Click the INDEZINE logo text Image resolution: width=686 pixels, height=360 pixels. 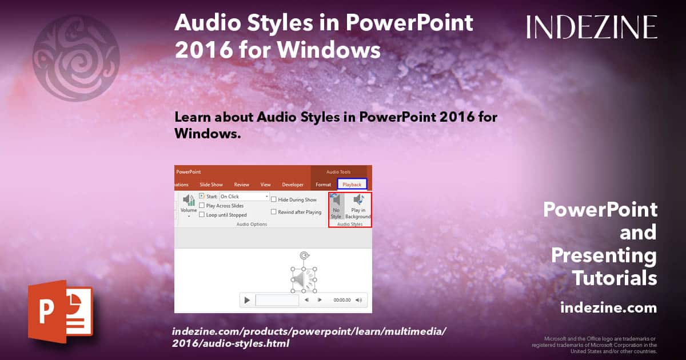[x=592, y=27]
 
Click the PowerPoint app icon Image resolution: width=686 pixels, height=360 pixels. [x=59, y=311]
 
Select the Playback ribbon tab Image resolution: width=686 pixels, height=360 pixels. [x=352, y=185]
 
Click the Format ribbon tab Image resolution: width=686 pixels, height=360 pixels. [x=323, y=185]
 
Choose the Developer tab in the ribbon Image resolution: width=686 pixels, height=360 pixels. [x=293, y=185]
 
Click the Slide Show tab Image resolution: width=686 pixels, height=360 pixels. [x=211, y=185]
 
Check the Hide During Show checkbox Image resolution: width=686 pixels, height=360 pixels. [x=274, y=200]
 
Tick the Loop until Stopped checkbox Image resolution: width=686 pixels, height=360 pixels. [x=202, y=215]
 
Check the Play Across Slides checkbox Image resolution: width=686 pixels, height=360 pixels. [x=202, y=206]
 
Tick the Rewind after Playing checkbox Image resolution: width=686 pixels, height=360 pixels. [x=274, y=212]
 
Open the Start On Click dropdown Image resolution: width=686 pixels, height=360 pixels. [x=266, y=197]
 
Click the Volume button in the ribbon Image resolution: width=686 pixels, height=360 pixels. [x=188, y=205]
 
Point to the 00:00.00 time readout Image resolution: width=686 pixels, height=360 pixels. [x=342, y=300]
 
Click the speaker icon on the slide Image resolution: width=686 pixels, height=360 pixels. [x=304, y=280]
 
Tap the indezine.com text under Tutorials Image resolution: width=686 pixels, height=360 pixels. [x=608, y=308]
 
